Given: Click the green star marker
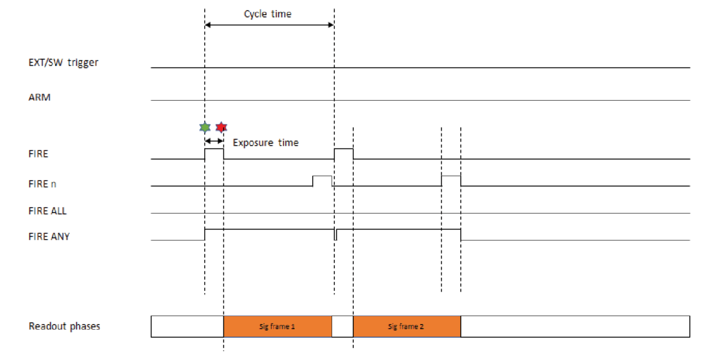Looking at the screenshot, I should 205,127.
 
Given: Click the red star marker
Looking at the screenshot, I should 222,127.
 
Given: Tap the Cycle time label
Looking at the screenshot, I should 268,14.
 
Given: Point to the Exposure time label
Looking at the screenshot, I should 266,143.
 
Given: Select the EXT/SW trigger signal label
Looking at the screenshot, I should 64,62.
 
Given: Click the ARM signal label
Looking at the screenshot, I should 39,97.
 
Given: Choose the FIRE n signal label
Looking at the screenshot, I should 42,183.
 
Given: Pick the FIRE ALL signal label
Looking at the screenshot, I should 47,211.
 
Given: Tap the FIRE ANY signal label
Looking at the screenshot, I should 49,237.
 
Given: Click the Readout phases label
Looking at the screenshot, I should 64,326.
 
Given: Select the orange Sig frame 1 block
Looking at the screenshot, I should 277,326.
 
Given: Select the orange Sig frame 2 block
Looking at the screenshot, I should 407,326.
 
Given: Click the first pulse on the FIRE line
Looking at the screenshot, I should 214,154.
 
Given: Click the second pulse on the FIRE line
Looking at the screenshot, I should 344,154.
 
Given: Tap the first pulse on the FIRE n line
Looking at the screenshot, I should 322,181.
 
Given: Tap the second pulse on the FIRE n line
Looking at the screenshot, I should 451,181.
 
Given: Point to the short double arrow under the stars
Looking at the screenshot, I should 214,141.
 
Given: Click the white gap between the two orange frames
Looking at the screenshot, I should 343,326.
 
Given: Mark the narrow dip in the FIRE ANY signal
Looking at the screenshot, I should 336,235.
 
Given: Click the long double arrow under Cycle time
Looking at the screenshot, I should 270,25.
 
